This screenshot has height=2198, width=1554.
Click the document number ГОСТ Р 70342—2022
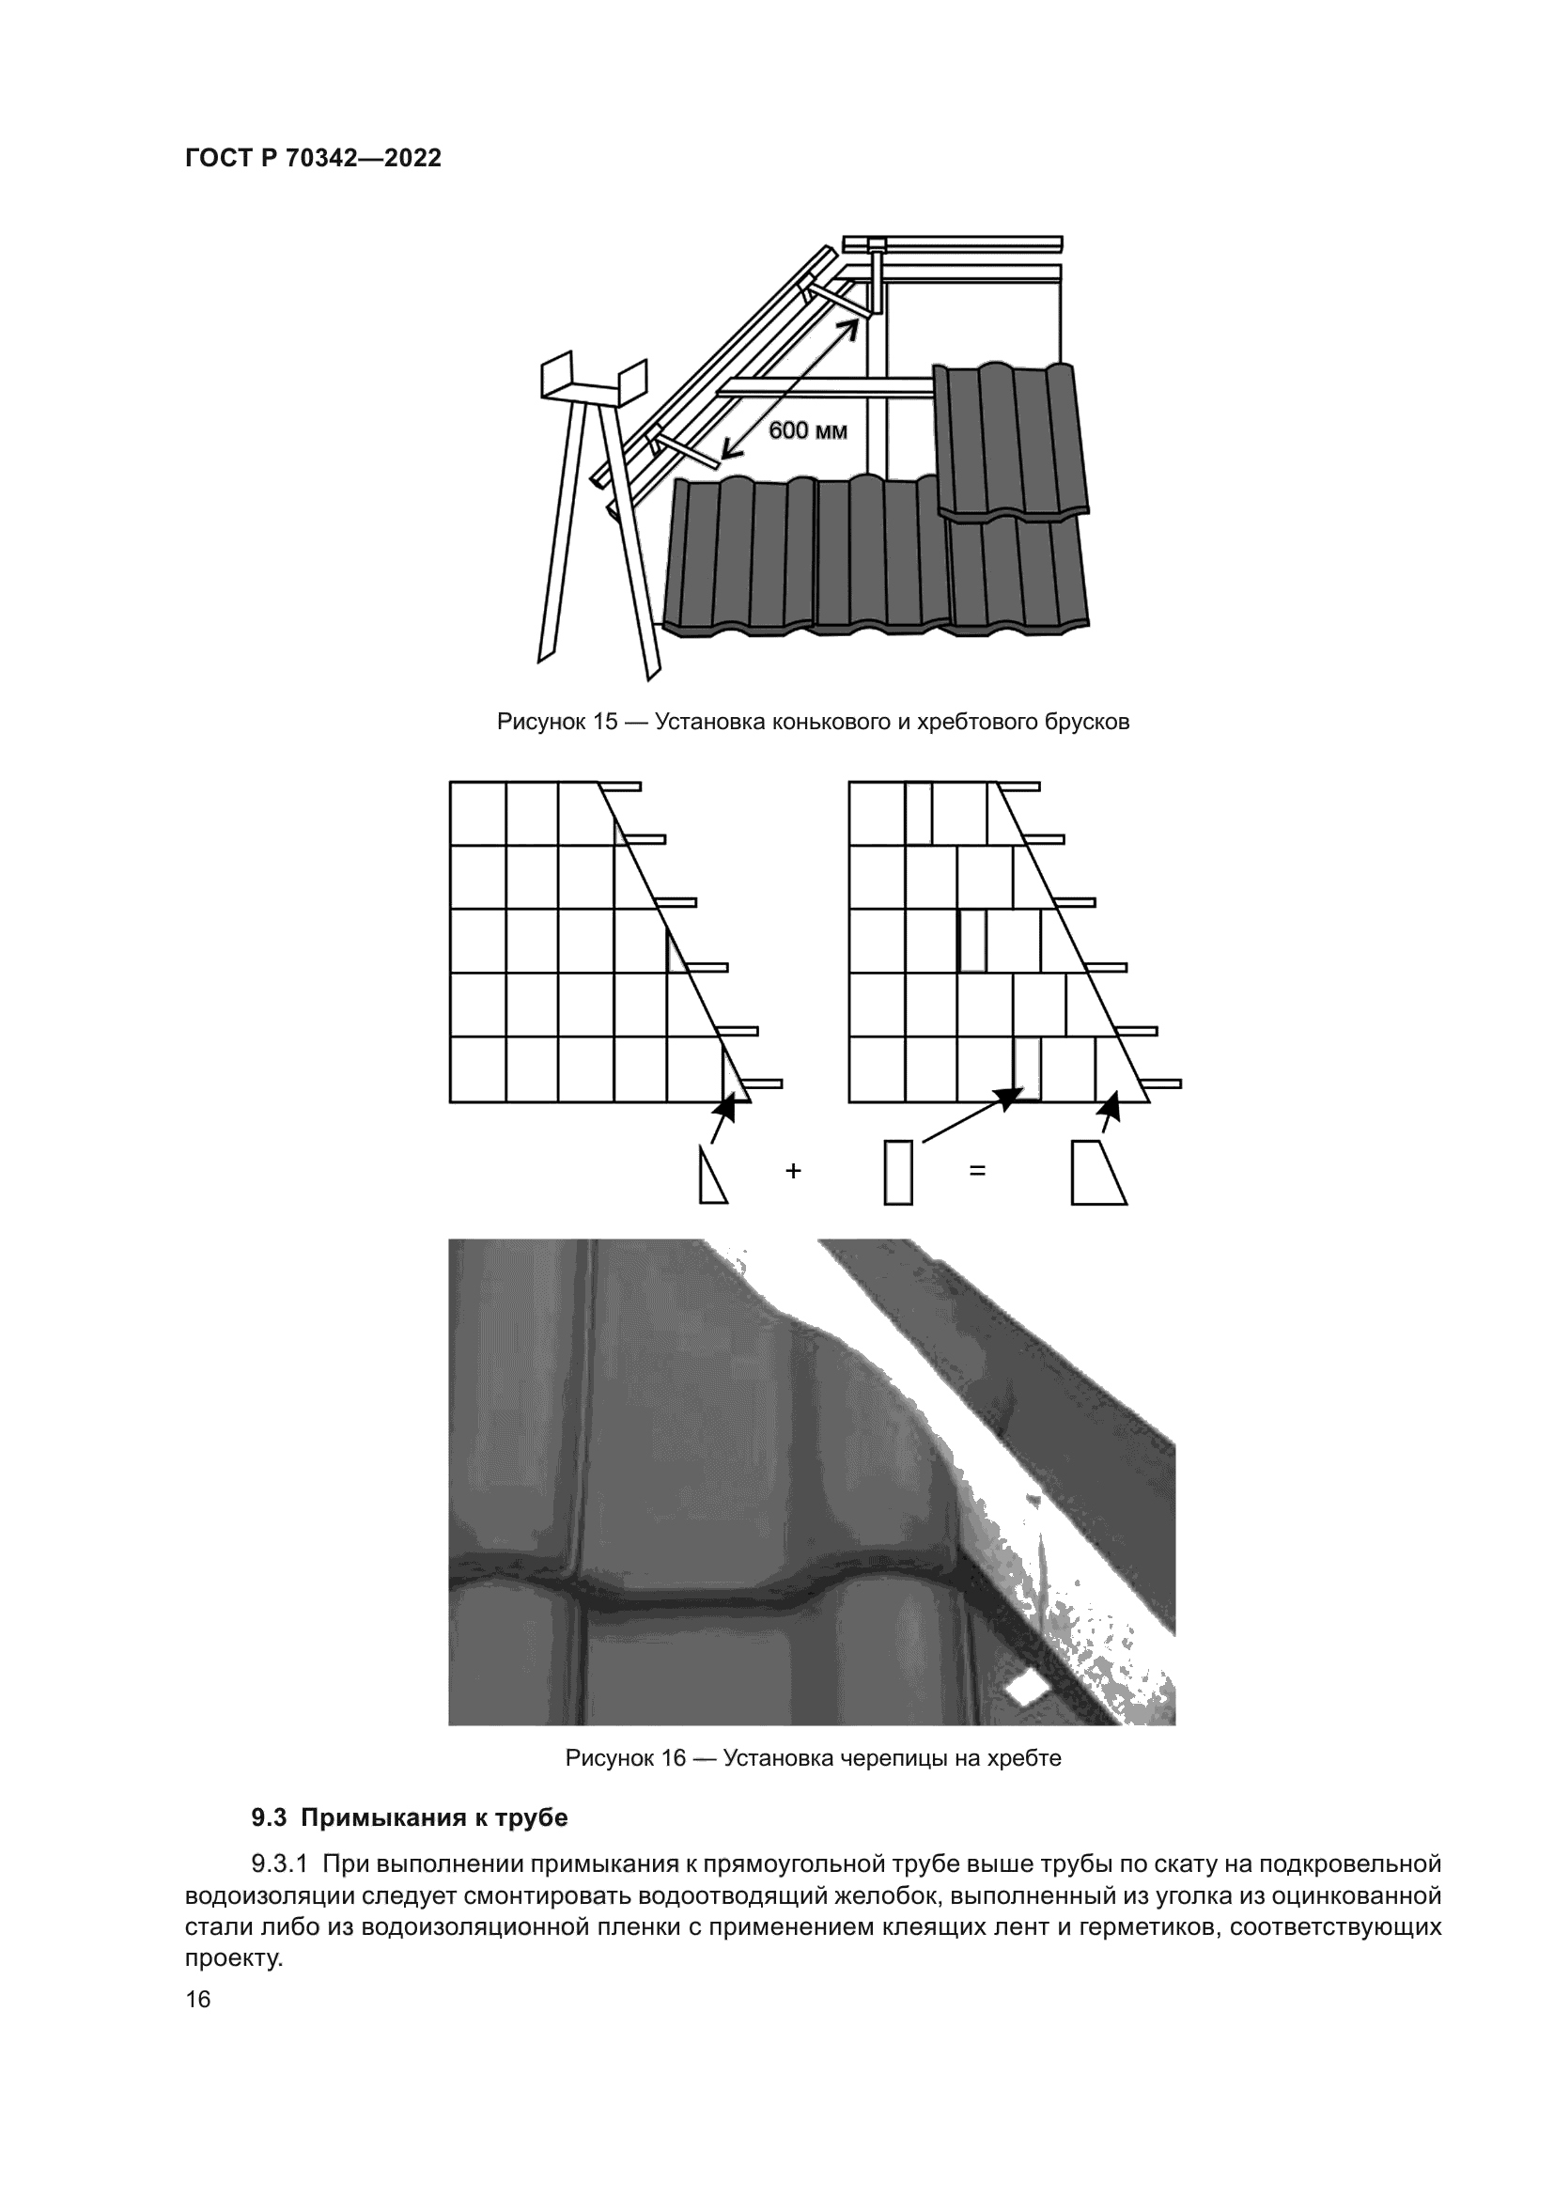point(313,159)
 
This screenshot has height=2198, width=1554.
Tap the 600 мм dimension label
point(808,430)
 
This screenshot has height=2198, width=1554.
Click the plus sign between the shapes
point(792,1171)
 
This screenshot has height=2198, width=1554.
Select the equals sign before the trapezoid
point(977,1171)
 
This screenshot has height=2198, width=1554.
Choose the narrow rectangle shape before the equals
point(897,1172)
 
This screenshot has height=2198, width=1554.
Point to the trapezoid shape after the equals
point(1096,1172)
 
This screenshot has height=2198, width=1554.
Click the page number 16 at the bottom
point(198,2000)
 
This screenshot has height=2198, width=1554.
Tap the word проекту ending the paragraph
point(234,1958)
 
